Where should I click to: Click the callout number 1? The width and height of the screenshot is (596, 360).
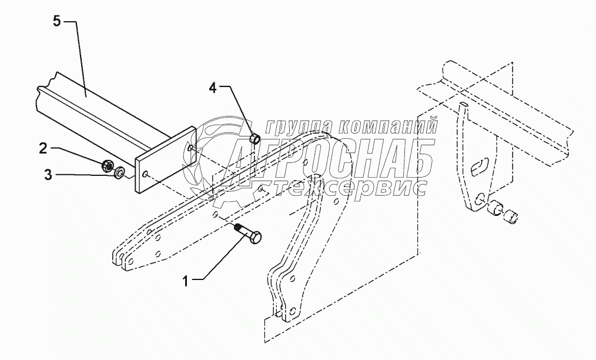185,280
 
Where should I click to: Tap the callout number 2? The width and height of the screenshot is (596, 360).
43,148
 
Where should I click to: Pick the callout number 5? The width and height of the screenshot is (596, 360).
56,21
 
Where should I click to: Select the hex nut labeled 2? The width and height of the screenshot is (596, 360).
108,165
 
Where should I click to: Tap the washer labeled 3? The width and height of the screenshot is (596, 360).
119,172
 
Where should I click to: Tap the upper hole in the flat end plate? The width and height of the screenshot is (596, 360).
192,148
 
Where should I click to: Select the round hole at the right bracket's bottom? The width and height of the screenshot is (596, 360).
481,198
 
